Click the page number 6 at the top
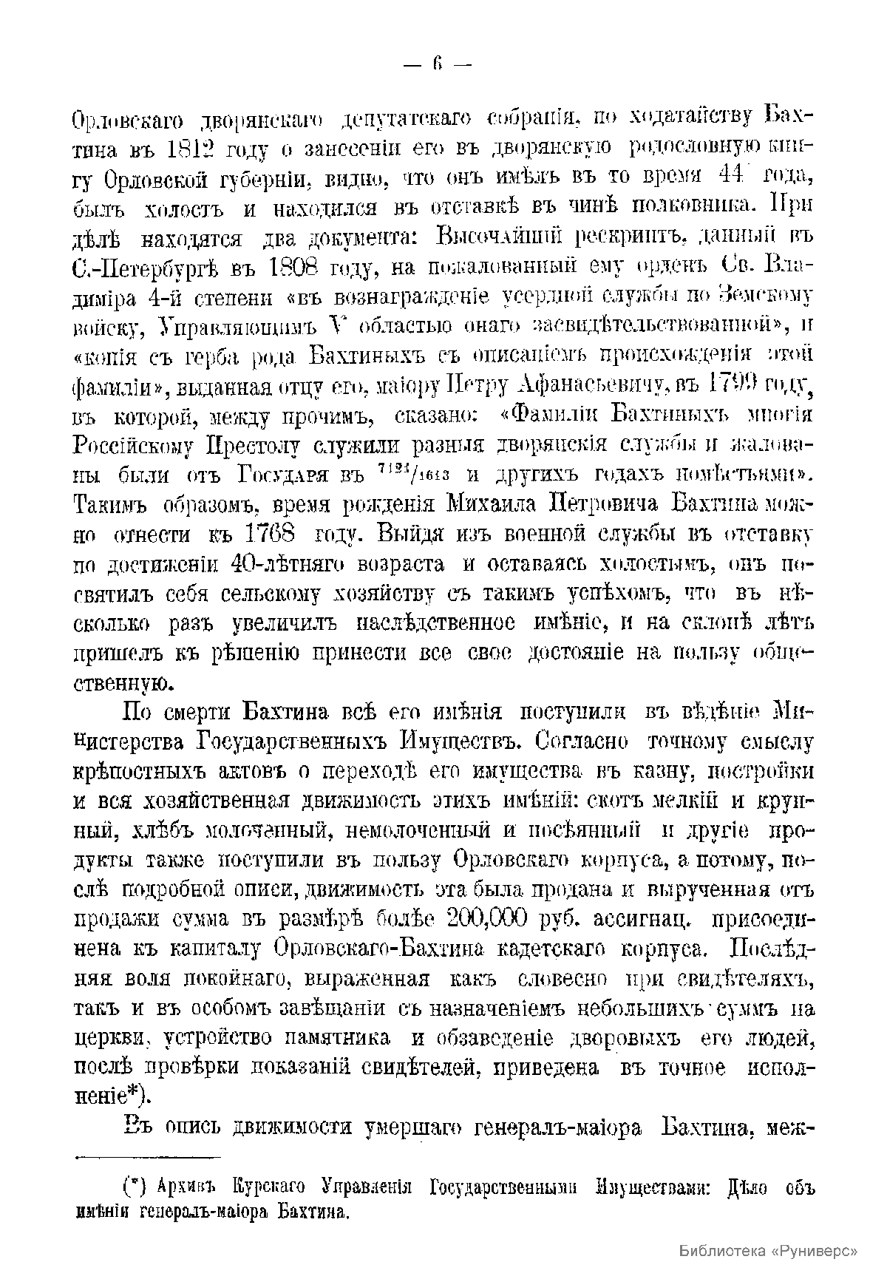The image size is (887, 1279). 438,64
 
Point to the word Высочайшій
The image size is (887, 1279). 503,237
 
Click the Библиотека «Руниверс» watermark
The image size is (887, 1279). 768,1251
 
